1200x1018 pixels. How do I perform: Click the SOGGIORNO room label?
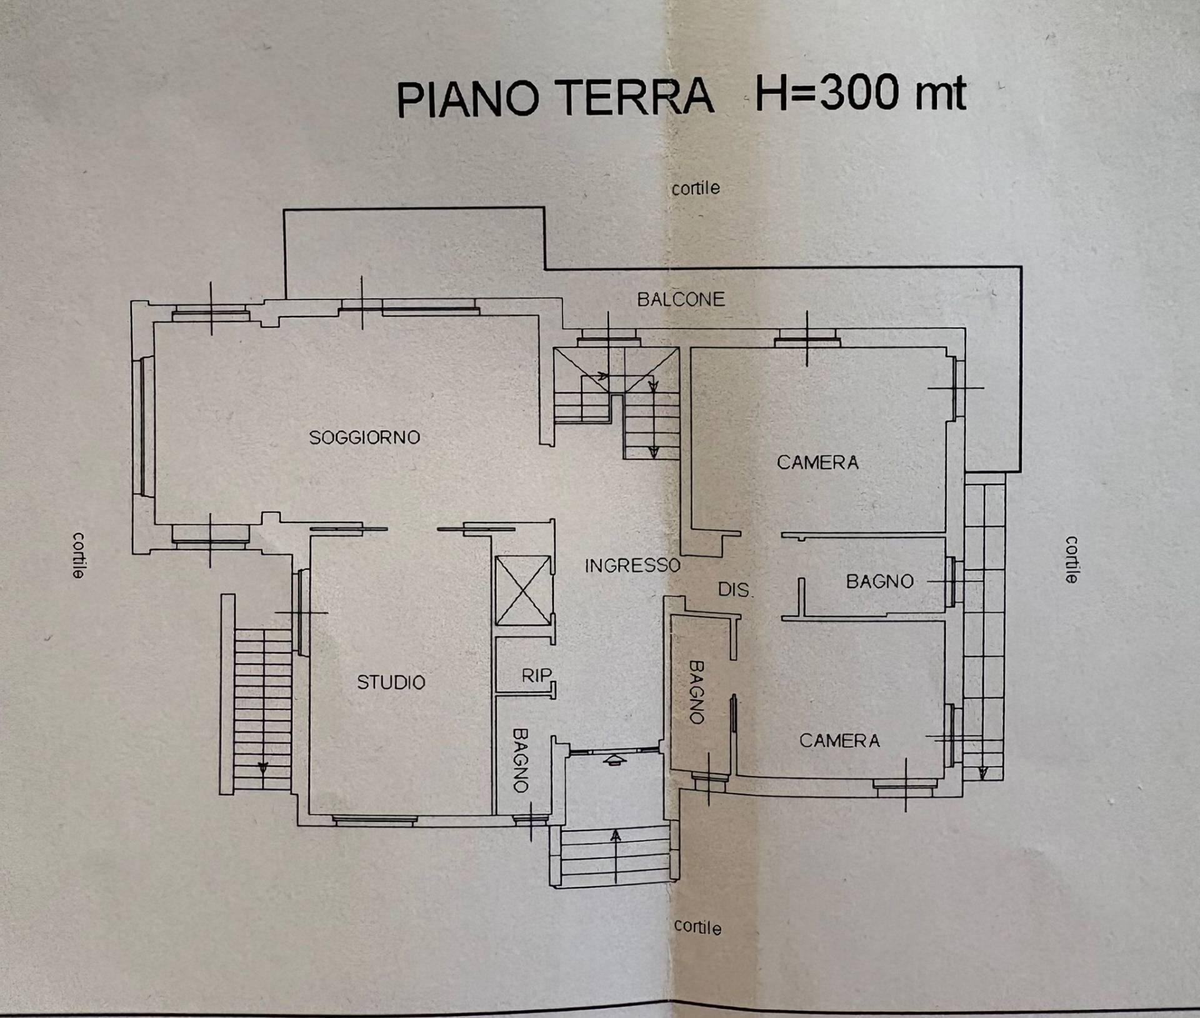[x=364, y=437]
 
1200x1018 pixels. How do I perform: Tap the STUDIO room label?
[x=391, y=682]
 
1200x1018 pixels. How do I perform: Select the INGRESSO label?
[x=632, y=566]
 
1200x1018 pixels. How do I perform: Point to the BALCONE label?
[x=681, y=299]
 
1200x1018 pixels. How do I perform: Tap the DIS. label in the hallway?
[x=735, y=589]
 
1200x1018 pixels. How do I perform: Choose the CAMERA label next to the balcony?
[x=817, y=462]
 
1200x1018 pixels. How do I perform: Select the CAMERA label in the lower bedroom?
[x=839, y=741]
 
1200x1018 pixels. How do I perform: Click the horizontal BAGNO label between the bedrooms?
[x=879, y=582]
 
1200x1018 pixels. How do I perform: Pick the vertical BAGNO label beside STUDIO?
[x=521, y=760]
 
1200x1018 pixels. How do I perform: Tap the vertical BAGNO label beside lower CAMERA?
[x=696, y=692]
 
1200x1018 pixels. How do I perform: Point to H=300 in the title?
[x=827, y=94]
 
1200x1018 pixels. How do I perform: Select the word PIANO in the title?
[x=467, y=99]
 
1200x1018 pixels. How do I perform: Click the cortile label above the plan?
[x=696, y=188]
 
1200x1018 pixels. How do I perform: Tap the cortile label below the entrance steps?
[x=697, y=927]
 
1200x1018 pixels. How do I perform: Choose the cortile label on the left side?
[x=78, y=555]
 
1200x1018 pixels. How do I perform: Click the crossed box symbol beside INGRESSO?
[x=523, y=590]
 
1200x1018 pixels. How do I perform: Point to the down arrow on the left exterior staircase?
[x=262, y=767]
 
